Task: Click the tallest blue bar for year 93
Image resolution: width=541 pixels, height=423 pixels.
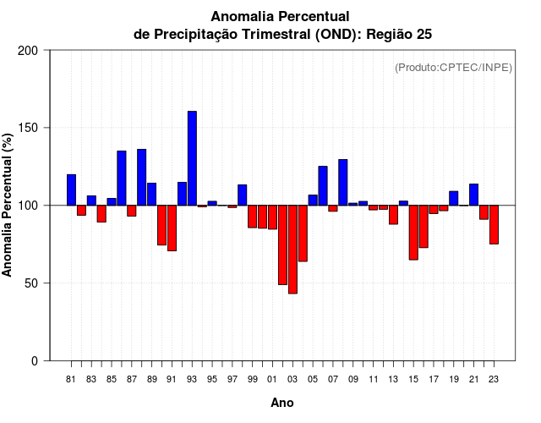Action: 192,158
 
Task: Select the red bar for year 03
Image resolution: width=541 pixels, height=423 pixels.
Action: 292,250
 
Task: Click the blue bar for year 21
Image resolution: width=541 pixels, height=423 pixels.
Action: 473,195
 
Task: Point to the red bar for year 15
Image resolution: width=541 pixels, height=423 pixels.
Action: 413,232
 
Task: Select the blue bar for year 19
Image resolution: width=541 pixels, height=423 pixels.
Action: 453,198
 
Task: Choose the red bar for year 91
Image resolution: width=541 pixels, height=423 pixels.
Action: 172,228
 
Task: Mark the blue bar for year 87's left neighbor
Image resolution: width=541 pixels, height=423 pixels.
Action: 122,178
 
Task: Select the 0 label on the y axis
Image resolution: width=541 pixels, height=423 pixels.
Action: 35,360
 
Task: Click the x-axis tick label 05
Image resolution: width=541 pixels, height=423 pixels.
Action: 313,379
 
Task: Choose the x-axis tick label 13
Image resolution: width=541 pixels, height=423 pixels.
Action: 393,379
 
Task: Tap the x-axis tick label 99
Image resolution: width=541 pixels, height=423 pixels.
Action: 252,379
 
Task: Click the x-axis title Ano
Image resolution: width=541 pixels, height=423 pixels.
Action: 282,403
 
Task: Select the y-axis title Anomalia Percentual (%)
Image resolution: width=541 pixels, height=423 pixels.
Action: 8,206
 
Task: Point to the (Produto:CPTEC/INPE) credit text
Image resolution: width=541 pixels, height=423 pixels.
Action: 453,67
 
